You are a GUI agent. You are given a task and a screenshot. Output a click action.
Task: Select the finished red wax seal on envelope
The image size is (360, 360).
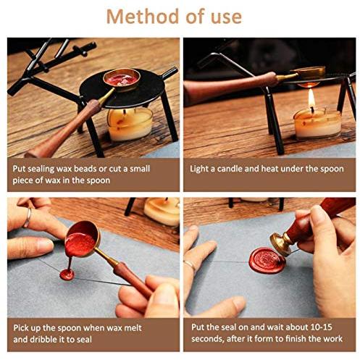pyautogui.click(x=267, y=261)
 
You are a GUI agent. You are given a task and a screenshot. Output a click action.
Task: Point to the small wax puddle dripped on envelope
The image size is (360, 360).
pyautogui.click(x=67, y=275)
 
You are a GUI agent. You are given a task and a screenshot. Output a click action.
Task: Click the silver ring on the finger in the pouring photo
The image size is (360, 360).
pyautogui.click(x=28, y=218)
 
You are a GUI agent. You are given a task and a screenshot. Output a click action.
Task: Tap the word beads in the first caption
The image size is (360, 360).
pyautogui.click(x=85, y=169)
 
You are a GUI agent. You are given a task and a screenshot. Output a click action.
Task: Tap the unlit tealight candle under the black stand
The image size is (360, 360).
pyautogui.click(x=130, y=124)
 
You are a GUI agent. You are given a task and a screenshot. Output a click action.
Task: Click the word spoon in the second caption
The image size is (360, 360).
pyautogui.click(x=332, y=169)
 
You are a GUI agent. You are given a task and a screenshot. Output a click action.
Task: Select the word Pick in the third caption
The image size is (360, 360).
pyautogui.click(x=21, y=328)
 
